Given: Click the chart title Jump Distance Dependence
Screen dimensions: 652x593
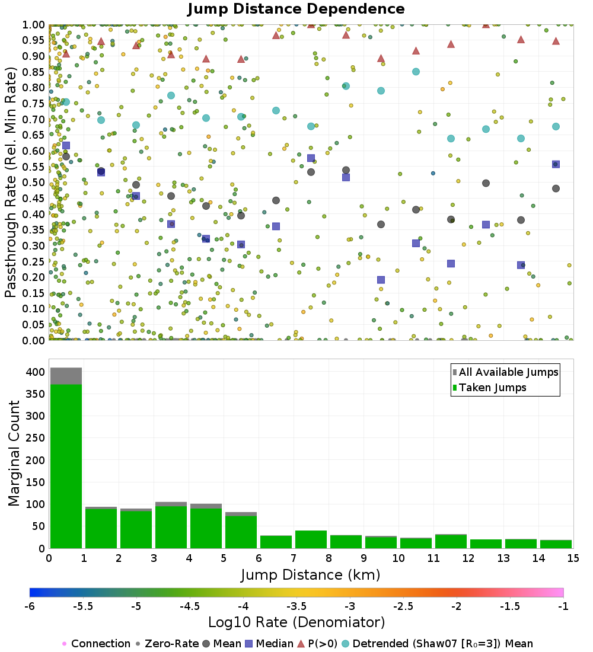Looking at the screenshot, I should tap(296, 9).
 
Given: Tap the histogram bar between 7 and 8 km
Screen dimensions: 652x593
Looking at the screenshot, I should tap(311, 539).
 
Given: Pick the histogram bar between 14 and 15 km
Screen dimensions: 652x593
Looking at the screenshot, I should tap(556, 544).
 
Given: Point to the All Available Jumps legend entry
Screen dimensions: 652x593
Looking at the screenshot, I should tap(505, 372).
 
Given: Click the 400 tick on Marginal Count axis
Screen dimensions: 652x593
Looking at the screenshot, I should tap(36, 372).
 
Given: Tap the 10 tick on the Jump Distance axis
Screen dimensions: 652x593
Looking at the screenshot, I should tap(398, 558).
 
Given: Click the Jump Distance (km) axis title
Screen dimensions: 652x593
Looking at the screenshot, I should tap(310, 575).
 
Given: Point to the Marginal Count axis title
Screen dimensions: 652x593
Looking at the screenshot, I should tap(14, 453).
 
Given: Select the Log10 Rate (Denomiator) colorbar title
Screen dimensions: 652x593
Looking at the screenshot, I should tap(296, 622).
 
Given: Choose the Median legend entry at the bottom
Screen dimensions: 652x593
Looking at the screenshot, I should tap(269, 644).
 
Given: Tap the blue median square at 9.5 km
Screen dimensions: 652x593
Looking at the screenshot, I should tap(381, 280).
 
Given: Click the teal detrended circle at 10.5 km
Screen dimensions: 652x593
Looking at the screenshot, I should tap(416, 72).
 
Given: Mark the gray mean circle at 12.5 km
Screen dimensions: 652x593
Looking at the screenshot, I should tap(486, 183).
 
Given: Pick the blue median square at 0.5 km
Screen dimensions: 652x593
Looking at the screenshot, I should tap(66, 145).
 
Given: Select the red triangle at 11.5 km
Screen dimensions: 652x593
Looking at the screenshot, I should tap(451, 44).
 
